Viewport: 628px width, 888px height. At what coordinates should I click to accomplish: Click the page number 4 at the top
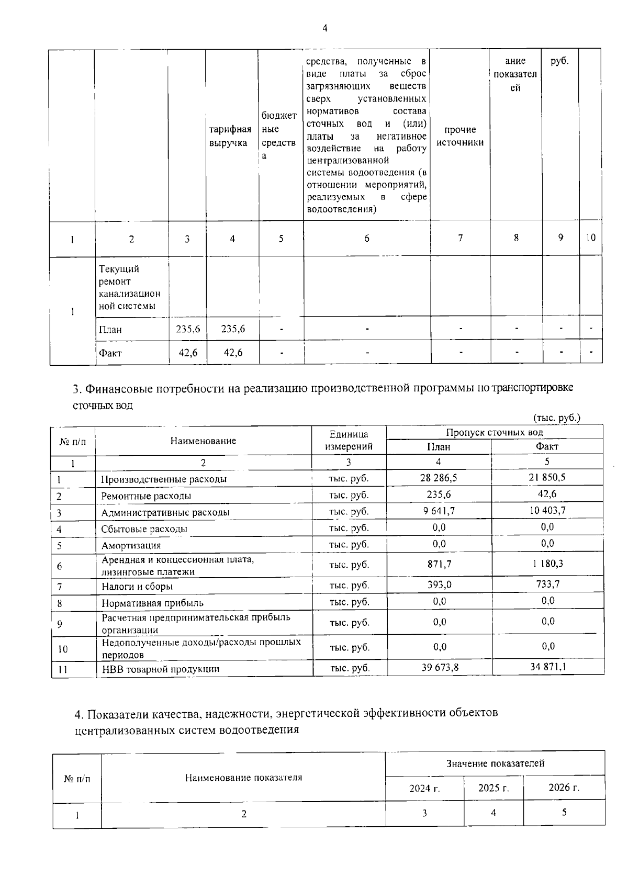325,29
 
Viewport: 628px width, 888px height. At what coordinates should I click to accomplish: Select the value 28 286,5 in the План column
439,478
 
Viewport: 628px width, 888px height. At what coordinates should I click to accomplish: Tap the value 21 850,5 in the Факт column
547,477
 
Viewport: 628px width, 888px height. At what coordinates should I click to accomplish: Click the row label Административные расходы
165,512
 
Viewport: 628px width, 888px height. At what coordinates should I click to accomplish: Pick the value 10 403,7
547,511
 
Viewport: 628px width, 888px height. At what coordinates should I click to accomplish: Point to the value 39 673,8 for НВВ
440,667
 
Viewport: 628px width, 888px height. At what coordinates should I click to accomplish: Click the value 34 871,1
547,667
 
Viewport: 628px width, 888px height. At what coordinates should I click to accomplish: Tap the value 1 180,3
548,564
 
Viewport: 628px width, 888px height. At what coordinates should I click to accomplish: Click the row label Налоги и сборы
137,587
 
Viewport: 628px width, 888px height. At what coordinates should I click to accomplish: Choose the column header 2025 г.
494,788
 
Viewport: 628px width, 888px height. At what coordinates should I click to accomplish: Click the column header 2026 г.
564,788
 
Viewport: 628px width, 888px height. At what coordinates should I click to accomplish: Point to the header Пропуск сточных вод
494,432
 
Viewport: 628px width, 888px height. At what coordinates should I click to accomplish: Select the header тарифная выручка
230,136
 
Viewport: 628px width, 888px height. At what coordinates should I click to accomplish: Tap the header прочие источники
460,136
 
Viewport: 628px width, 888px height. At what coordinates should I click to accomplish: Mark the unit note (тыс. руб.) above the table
557,418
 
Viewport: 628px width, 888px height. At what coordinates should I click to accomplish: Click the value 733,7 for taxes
547,584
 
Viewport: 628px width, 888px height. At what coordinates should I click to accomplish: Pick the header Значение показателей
495,763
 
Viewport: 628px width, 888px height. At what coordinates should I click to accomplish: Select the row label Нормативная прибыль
152,603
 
